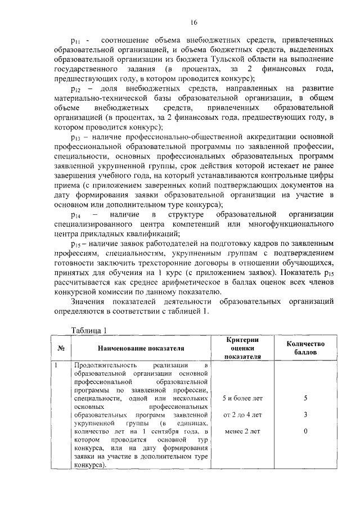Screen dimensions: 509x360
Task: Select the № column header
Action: pyautogui.click(x=61, y=348)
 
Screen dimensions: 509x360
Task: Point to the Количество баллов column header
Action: pyautogui.click(x=305, y=348)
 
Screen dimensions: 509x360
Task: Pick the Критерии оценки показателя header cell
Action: pyautogui.click(x=242, y=348)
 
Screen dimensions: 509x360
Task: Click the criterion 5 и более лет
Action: pyautogui.click(x=242, y=398)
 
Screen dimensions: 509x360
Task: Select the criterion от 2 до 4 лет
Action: pyautogui.click(x=242, y=415)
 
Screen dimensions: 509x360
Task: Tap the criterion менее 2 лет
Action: pyautogui.click(x=242, y=431)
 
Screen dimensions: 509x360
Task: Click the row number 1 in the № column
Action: pyautogui.click(x=57, y=366)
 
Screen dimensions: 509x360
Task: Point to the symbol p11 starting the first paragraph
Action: pyautogui.click(x=75, y=41)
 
